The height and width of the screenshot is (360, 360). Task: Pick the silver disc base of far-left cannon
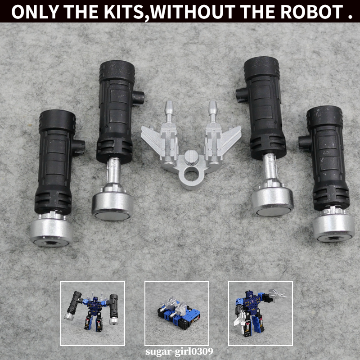coord(51,230)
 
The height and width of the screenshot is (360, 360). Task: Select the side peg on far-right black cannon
coord(305,143)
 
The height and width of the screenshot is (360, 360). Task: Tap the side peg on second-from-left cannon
coord(139,96)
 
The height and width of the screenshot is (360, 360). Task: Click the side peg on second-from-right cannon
coord(241,94)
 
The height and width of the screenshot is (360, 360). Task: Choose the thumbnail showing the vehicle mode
coord(176,313)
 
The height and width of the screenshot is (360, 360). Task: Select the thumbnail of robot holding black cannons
coord(93,313)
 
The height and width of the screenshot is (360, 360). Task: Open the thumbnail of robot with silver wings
coord(260,313)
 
